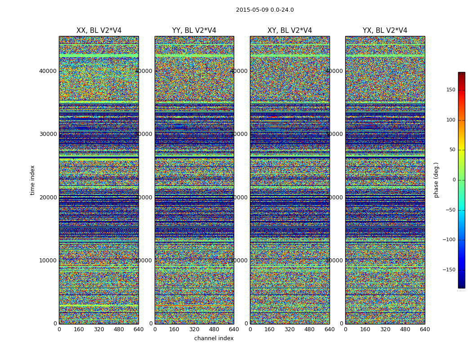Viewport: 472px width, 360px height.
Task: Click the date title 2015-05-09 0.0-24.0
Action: [x=265, y=10]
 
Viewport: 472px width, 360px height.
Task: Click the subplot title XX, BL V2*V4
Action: [x=99, y=31]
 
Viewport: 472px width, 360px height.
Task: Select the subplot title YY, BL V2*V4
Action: [x=194, y=31]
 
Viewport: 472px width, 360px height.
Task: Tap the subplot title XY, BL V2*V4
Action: [x=289, y=31]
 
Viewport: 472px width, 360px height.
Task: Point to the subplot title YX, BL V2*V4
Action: [x=385, y=31]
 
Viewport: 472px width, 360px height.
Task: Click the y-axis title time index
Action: [x=32, y=180]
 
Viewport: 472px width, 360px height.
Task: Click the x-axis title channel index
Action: [x=214, y=338]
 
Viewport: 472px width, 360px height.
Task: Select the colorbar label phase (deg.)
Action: [x=436, y=180]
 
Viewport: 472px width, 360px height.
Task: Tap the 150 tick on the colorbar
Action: [x=450, y=90]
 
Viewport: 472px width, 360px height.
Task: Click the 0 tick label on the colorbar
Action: [x=454, y=180]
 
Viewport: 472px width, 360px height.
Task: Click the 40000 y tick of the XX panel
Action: [x=48, y=71]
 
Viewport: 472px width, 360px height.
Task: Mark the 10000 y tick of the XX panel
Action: [x=48, y=261]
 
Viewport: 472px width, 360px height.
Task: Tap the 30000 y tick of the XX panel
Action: [x=48, y=134]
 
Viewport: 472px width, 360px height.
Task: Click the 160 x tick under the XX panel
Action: [x=79, y=329]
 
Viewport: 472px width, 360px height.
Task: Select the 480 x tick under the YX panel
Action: [x=405, y=329]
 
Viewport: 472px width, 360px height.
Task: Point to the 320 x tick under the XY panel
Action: [x=289, y=329]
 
